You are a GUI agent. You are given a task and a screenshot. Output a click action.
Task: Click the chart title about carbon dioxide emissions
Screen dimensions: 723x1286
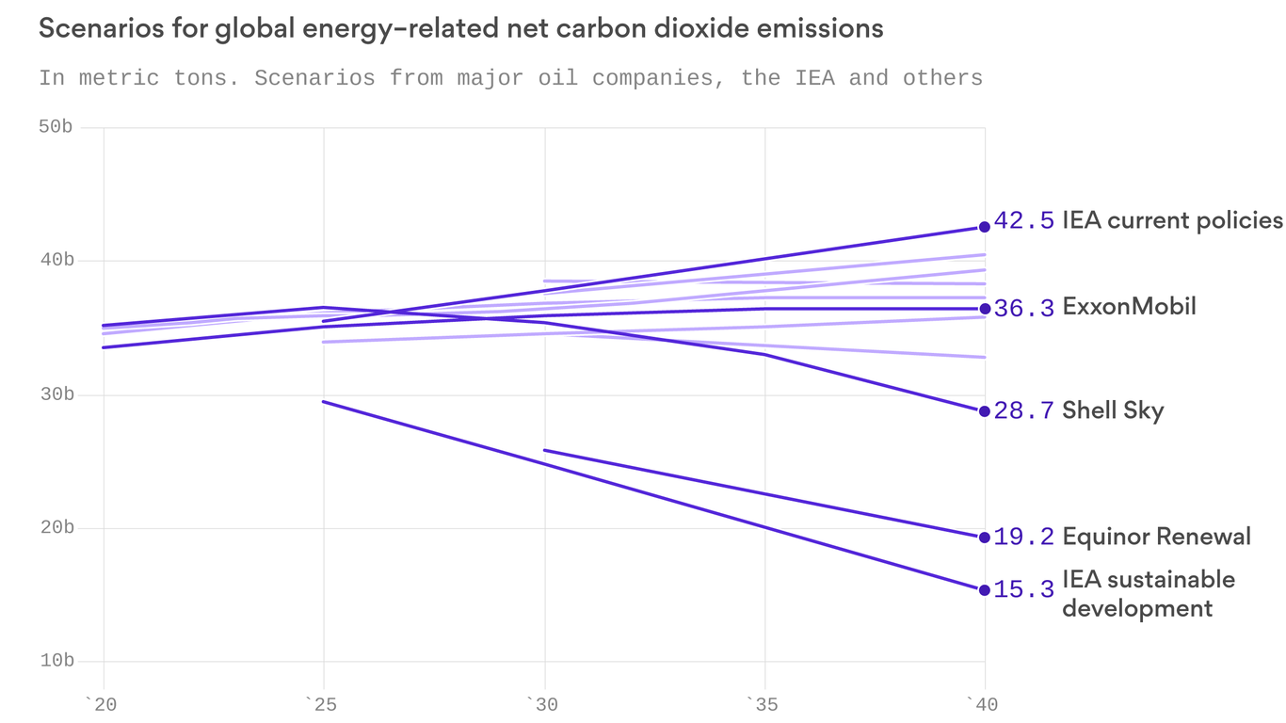click(x=460, y=29)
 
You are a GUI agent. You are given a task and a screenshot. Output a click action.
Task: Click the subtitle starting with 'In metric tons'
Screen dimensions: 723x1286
click(x=510, y=77)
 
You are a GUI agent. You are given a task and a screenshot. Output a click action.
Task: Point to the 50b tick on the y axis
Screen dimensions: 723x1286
click(x=56, y=127)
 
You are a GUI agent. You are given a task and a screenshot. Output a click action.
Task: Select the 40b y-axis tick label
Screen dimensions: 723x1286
click(x=56, y=260)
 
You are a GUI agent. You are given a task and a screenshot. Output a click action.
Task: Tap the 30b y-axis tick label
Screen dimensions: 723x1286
click(x=56, y=394)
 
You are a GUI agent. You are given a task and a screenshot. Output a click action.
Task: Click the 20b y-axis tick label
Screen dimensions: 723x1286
click(x=56, y=527)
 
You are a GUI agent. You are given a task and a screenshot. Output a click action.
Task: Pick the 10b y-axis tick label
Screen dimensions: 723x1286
click(x=56, y=661)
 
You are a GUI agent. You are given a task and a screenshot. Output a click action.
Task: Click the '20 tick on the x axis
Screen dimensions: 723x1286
click(x=102, y=702)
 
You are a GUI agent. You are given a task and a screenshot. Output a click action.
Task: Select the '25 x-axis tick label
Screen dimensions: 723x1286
click(x=323, y=702)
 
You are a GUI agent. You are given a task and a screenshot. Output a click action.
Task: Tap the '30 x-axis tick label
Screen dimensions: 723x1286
click(x=544, y=702)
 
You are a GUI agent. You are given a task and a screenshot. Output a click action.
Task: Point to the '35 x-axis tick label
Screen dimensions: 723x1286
click(x=764, y=702)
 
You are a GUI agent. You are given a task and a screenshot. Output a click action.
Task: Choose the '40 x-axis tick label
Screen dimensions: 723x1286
click(x=985, y=702)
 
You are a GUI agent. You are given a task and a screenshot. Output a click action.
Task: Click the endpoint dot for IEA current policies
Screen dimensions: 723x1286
click(x=985, y=227)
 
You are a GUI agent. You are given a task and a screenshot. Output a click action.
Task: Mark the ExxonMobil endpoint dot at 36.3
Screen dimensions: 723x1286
click(x=985, y=309)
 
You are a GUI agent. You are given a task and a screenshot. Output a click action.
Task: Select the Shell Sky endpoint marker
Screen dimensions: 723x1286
click(x=985, y=411)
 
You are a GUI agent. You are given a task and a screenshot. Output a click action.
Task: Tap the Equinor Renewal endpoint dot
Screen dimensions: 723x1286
click(x=985, y=538)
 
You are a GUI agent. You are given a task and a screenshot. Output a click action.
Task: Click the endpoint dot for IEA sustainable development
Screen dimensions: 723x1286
click(x=985, y=590)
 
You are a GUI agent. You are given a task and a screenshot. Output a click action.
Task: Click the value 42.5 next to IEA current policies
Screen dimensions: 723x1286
click(x=1024, y=221)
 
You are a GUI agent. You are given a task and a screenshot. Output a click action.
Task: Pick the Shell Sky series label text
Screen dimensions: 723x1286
click(x=1113, y=410)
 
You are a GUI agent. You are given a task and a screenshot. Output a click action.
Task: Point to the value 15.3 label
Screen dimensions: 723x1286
click(x=1024, y=590)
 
